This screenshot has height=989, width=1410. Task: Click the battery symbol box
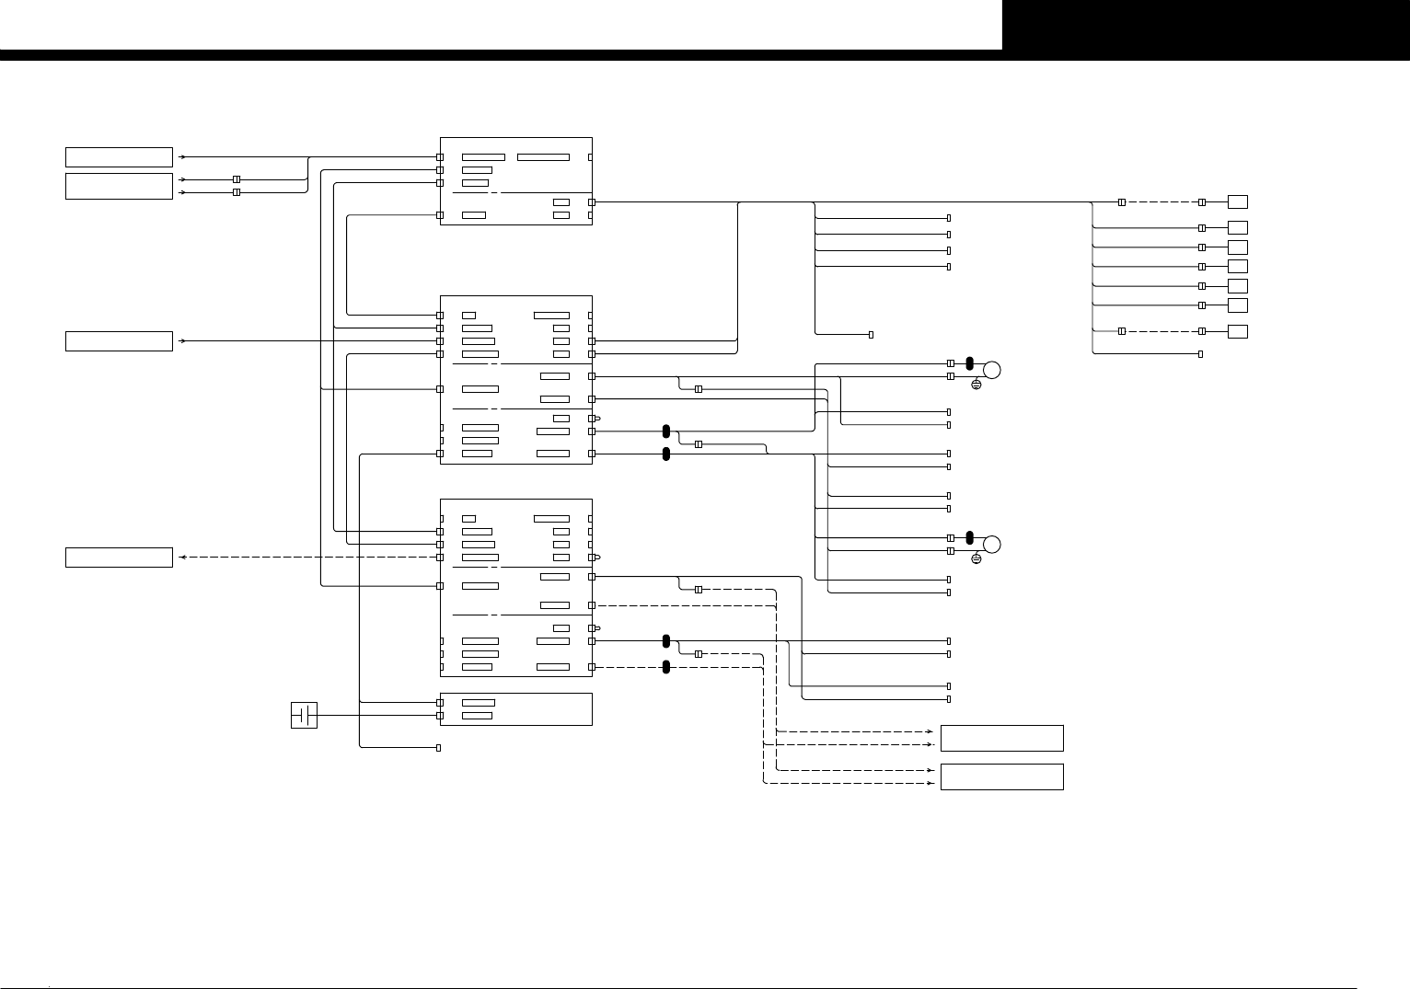tap(304, 715)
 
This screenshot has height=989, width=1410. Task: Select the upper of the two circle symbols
tap(991, 370)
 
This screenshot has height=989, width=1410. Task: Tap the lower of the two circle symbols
tap(991, 544)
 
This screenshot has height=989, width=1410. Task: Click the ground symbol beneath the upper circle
tap(977, 384)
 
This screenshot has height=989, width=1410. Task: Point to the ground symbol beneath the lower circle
tap(977, 558)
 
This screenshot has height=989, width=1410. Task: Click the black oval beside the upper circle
tap(970, 362)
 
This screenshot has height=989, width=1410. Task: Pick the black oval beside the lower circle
tap(970, 537)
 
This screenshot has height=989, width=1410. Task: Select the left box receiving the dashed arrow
tap(119, 558)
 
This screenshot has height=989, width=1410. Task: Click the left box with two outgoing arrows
tap(119, 185)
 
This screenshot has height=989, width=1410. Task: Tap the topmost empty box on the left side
tap(119, 156)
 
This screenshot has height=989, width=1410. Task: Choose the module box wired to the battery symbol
tap(515, 708)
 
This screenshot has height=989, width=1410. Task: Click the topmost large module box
tap(515, 180)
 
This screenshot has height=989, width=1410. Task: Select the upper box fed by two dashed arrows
tap(1001, 738)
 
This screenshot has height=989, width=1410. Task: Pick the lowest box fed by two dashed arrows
tap(1001, 776)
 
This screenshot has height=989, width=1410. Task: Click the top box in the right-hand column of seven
tap(1238, 201)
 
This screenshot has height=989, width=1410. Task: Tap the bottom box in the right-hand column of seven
tap(1238, 331)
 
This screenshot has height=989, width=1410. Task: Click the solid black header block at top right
tap(1206, 25)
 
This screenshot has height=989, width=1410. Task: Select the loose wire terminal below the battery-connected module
tap(438, 748)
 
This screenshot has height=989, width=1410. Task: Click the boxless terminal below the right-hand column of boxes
tap(1201, 354)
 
